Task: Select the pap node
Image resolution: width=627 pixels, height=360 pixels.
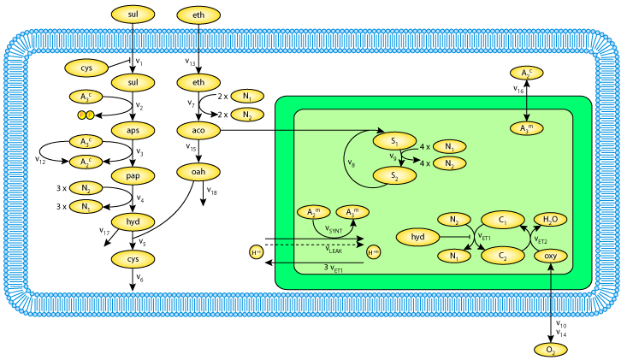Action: (133, 176)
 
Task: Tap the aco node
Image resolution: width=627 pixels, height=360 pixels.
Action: (199, 129)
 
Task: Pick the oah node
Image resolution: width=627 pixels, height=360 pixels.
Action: (199, 173)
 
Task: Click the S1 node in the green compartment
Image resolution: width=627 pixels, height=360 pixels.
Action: (394, 140)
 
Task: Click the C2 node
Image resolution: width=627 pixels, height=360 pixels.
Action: (504, 256)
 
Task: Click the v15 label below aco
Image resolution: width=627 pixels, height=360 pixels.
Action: (190, 148)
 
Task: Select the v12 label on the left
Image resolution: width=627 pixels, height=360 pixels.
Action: (39, 158)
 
